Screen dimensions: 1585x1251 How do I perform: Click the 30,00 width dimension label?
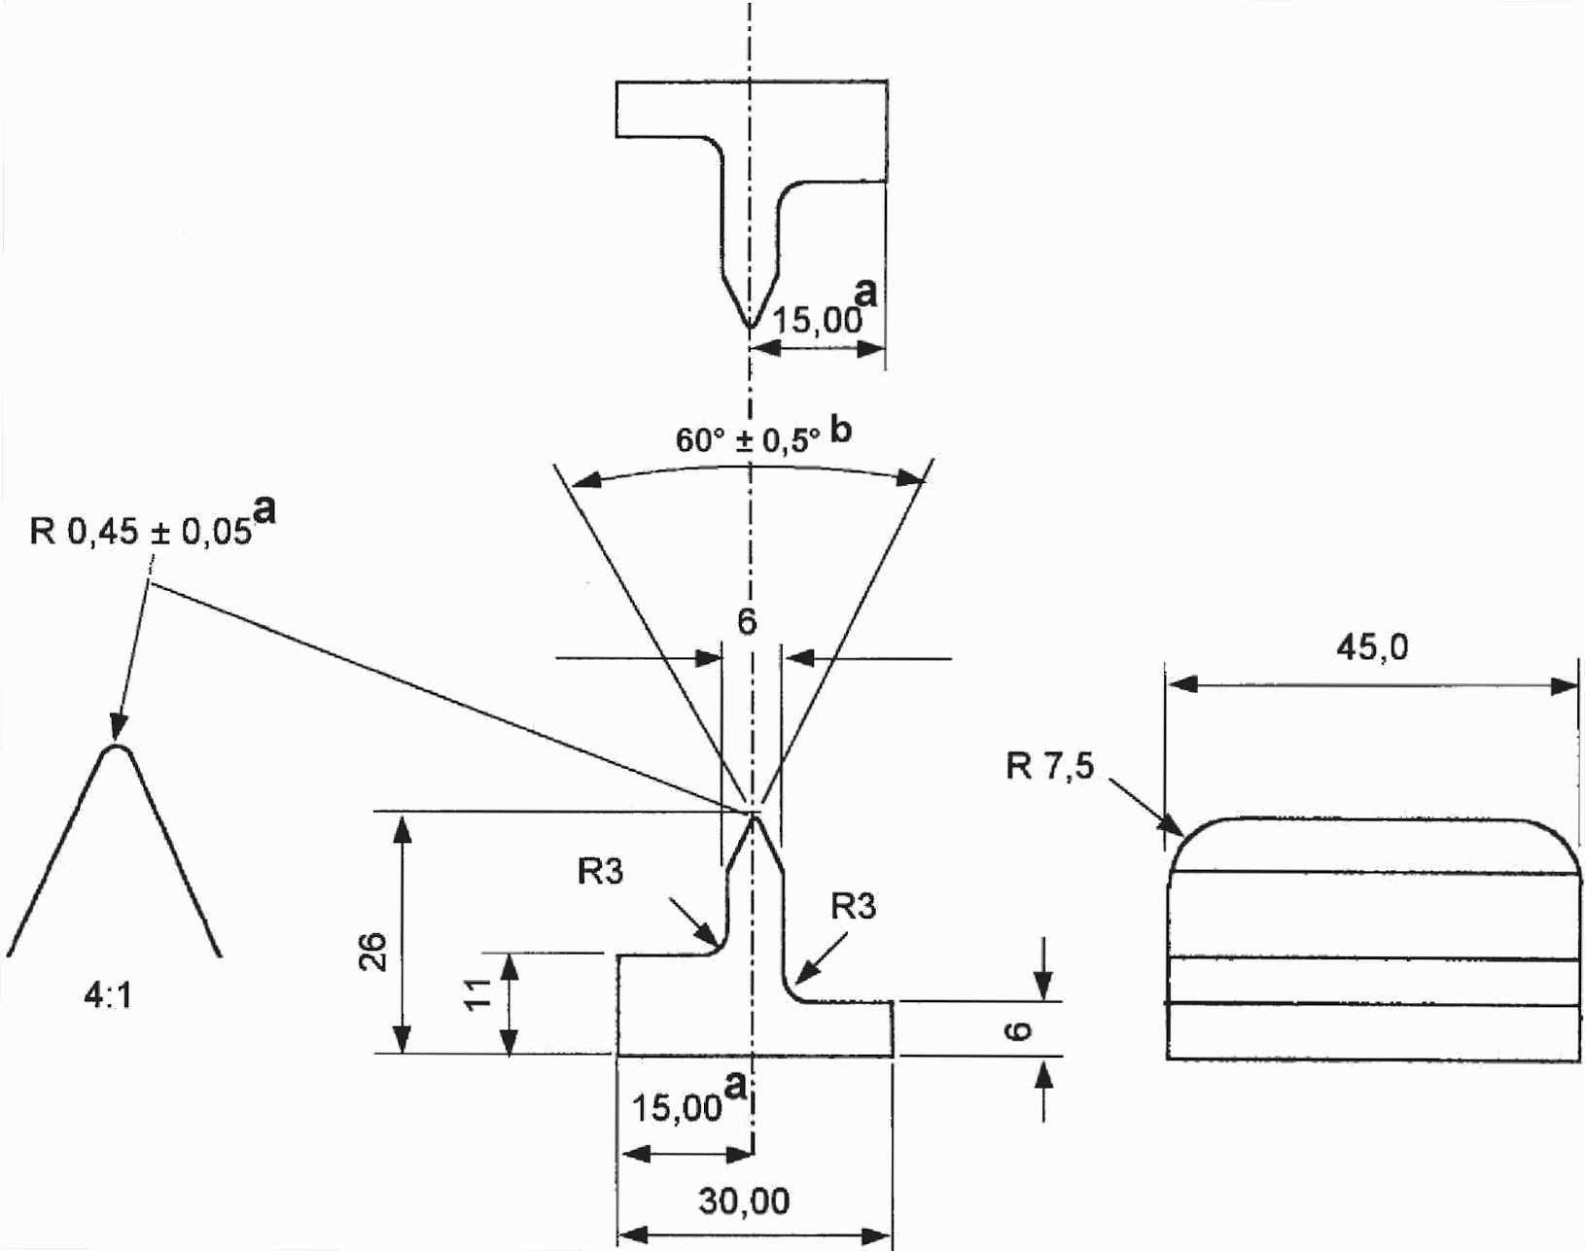coord(744,1200)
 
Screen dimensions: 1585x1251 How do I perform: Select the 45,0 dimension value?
coord(1372,647)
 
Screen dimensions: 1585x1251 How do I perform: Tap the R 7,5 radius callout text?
coord(1050,767)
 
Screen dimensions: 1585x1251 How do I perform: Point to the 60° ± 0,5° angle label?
coord(748,440)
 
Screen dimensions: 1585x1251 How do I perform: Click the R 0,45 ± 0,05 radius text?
coord(141,531)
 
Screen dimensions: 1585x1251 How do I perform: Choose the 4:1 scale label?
coord(108,996)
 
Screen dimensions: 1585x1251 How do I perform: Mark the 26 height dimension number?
coord(374,952)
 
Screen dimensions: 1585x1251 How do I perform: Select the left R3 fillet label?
coord(600,871)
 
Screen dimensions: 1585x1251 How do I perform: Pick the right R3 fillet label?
coord(853,906)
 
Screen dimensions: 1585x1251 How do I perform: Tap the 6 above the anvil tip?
coord(747,622)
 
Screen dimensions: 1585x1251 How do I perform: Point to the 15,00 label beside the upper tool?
coord(817,321)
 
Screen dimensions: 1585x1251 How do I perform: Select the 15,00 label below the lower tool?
coord(676,1109)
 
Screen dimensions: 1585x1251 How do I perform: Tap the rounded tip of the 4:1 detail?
coord(117,747)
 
